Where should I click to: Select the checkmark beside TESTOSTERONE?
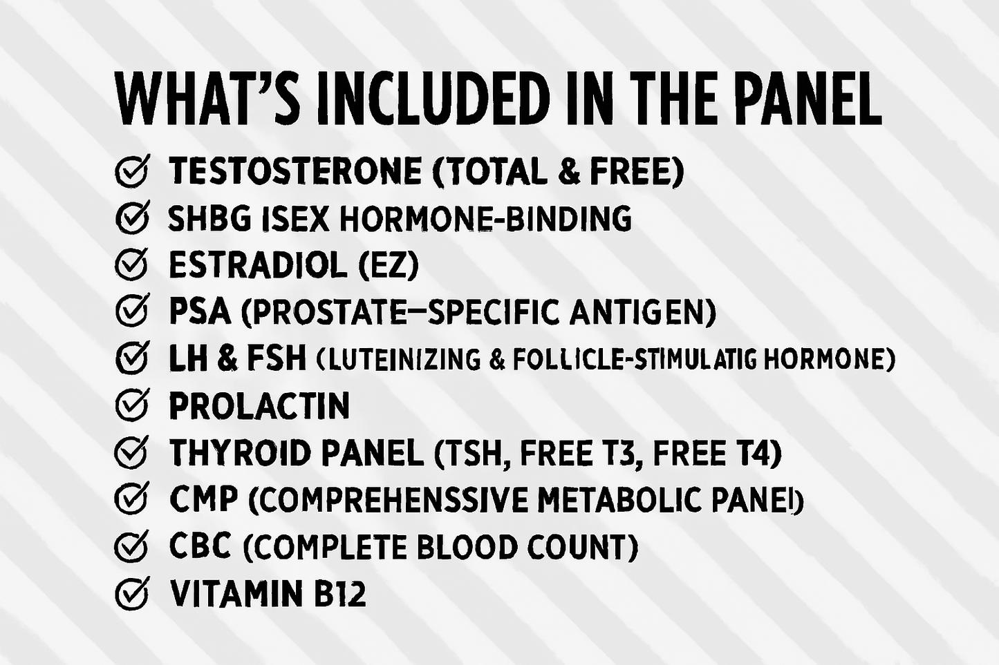click(131, 171)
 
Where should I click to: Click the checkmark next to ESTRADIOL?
click(131, 265)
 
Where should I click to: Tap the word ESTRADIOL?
click(257, 265)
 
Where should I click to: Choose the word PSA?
click(199, 312)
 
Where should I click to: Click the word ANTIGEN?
click(642, 312)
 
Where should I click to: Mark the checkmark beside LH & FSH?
click(131, 358)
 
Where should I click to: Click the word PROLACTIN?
click(259, 406)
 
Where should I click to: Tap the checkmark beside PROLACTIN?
click(131, 405)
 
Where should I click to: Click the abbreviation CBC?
click(200, 547)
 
